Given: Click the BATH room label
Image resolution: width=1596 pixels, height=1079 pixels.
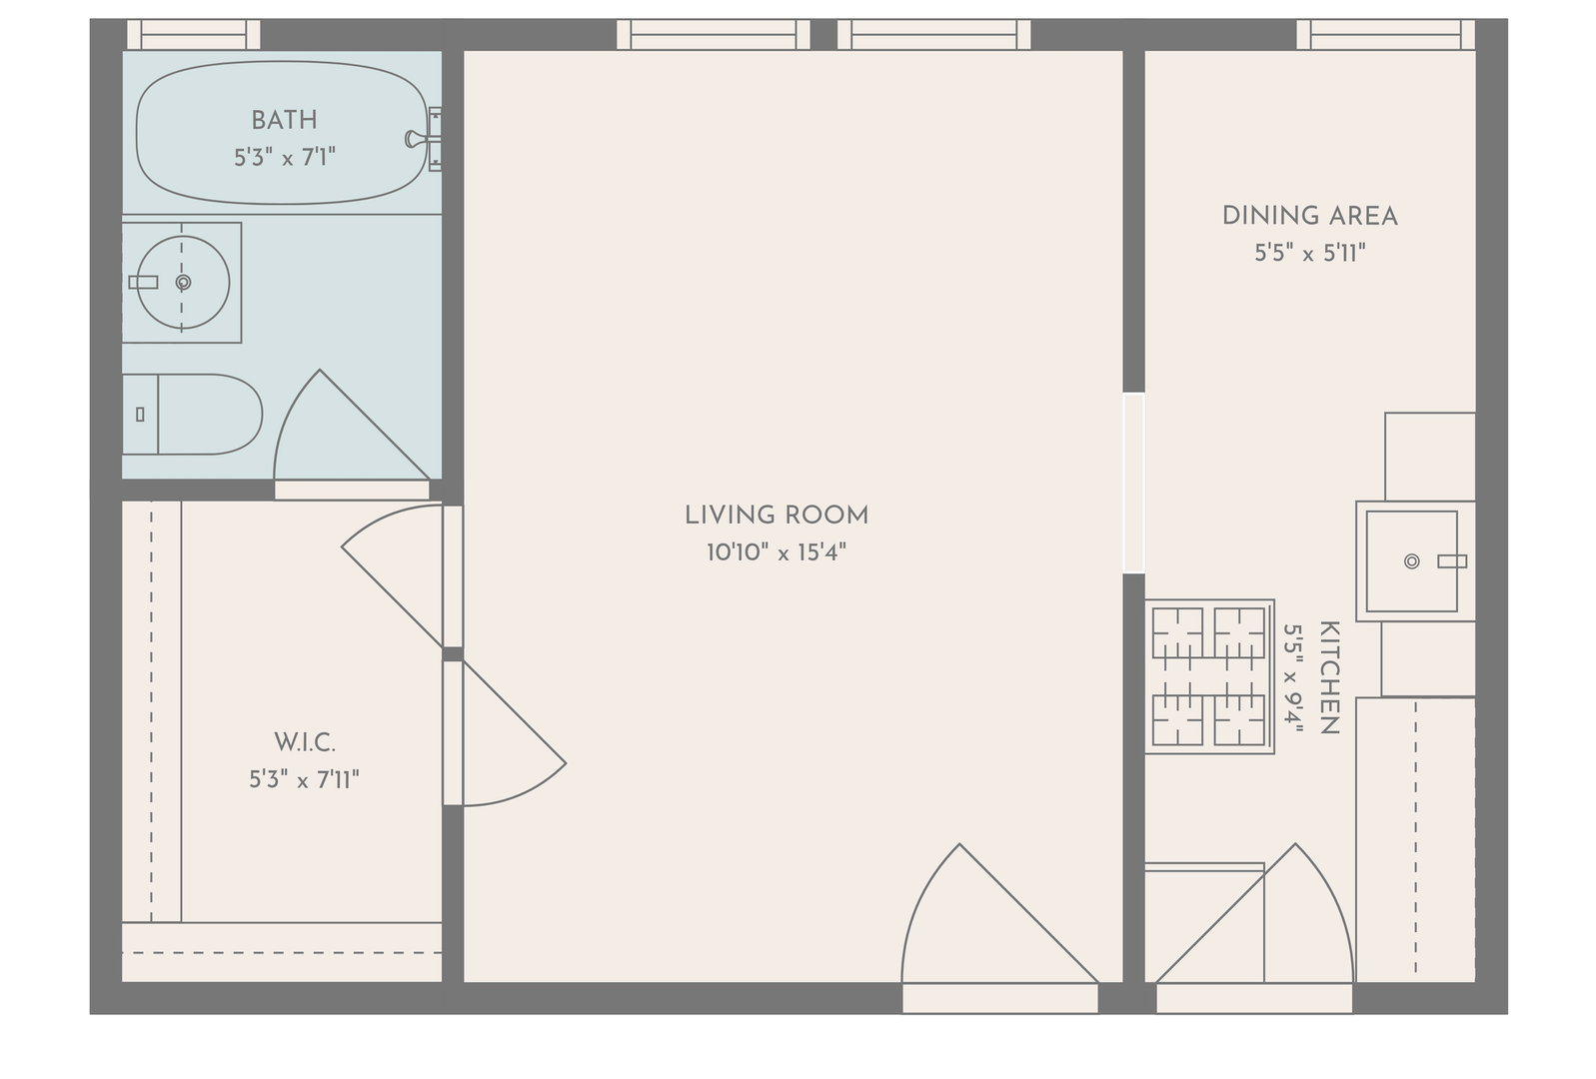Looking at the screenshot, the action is tap(284, 120).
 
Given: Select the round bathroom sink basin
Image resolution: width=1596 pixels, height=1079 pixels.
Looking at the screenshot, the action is tap(183, 283).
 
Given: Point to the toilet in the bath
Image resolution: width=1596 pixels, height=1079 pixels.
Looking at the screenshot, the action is tap(192, 414).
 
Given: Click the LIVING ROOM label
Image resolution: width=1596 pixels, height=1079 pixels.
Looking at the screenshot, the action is tap(777, 516).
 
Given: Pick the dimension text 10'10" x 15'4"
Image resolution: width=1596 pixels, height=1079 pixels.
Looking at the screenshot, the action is tap(776, 552).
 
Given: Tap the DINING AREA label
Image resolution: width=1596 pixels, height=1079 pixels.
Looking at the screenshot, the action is tap(1309, 217).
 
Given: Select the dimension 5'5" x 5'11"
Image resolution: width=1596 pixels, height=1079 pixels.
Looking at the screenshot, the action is tap(1309, 254).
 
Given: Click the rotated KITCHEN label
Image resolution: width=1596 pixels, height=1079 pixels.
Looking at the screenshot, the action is tap(1329, 677).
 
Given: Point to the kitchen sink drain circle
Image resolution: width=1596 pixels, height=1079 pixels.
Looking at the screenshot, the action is tap(1411, 561).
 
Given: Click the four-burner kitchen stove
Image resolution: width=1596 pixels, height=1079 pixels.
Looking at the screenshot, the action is tap(1209, 676).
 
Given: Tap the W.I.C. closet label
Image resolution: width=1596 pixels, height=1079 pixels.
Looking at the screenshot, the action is tap(305, 743).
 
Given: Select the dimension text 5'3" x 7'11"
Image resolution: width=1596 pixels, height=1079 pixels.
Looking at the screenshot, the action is tap(304, 780).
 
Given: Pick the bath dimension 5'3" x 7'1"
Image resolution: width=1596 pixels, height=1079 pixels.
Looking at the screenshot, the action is tap(285, 158).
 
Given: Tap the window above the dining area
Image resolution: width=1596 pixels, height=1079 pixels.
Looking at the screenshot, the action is tap(1385, 34).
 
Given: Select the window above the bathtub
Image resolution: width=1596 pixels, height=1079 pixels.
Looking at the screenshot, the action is tap(194, 34).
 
